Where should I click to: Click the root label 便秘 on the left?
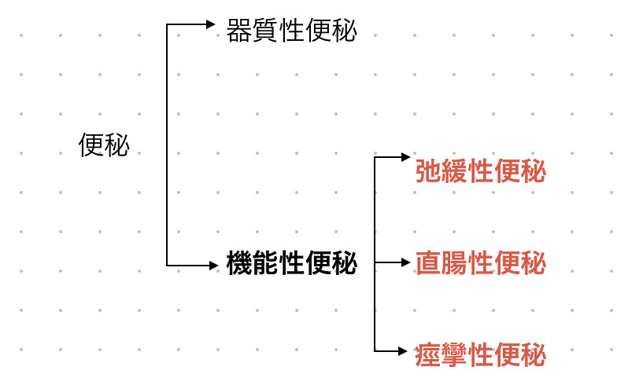(104, 145)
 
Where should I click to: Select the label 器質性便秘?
(291, 31)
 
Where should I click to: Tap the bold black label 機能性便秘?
(291, 263)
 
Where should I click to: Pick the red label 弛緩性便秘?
(480, 171)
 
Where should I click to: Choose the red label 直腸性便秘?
(480, 263)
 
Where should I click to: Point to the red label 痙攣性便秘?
(480, 355)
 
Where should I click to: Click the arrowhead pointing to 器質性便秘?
(211, 24)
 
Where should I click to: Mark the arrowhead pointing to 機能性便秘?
(211, 266)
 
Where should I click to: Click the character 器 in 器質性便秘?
(239, 31)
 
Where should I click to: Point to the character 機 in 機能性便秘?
(239, 263)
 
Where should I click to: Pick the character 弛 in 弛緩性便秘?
(428, 171)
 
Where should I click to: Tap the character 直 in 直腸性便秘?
(428, 263)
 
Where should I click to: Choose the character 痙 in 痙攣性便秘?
(428, 355)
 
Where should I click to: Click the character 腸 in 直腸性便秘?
(454, 263)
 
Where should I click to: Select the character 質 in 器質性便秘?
(265, 31)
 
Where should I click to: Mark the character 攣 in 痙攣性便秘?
(454, 355)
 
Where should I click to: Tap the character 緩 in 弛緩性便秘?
(454, 171)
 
